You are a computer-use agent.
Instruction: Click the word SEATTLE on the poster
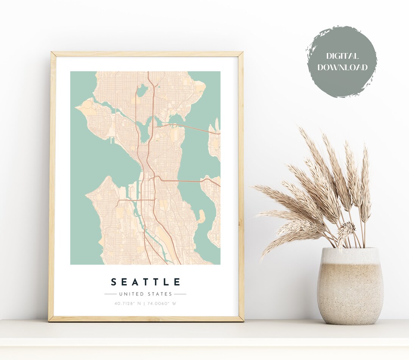[x=145, y=282]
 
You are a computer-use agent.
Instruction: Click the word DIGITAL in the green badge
[x=342, y=56]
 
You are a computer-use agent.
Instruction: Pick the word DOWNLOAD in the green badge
[x=342, y=68]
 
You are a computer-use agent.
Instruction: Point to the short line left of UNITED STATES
[x=110, y=294]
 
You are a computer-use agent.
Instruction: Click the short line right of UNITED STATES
[x=180, y=294]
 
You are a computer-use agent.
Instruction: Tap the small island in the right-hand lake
[x=201, y=216]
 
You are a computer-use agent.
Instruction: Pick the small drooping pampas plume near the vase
[x=347, y=229]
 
